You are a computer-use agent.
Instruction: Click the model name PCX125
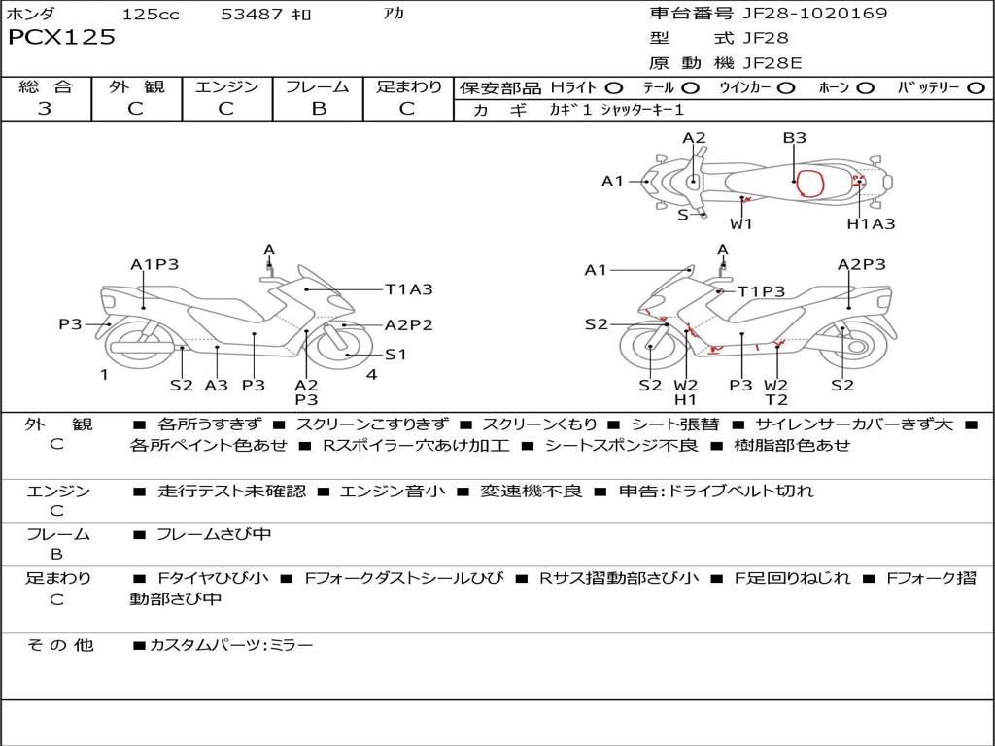click(x=62, y=38)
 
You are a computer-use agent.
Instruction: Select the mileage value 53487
click(x=253, y=15)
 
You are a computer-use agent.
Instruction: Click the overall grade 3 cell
click(x=46, y=109)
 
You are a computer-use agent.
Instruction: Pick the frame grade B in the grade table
click(x=318, y=109)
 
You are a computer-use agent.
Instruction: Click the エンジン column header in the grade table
click(x=226, y=87)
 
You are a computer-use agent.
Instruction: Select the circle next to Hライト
click(x=615, y=88)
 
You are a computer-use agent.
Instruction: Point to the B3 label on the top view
click(x=795, y=138)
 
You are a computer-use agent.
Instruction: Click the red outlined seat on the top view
click(x=806, y=182)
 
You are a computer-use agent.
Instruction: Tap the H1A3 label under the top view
click(x=871, y=223)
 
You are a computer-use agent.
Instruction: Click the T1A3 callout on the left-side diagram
click(x=408, y=288)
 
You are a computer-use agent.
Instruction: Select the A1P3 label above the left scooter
click(x=154, y=264)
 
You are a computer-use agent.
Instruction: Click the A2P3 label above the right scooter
click(x=862, y=264)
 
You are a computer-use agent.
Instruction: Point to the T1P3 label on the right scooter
click(x=761, y=290)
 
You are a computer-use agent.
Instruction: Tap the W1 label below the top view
click(x=741, y=223)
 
